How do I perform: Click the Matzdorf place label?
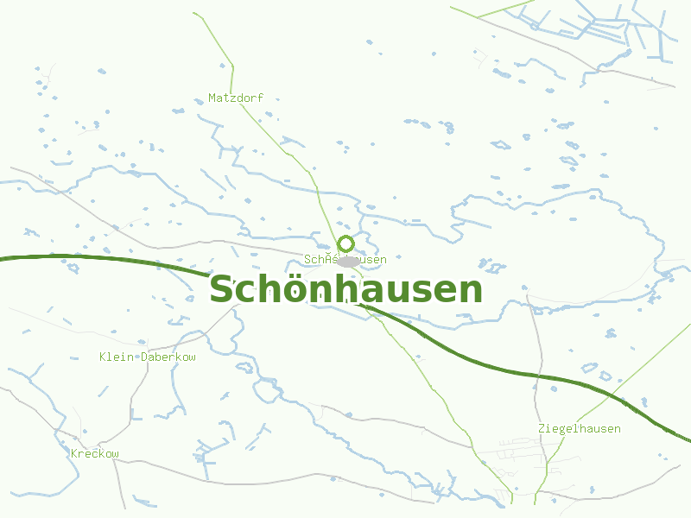(x=236, y=98)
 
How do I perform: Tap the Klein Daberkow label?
(x=148, y=357)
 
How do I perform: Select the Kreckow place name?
(x=95, y=453)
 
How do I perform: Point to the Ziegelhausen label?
(x=579, y=428)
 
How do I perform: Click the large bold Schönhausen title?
(x=345, y=289)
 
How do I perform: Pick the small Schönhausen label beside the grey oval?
(x=345, y=259)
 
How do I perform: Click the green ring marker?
(x=346, y=243)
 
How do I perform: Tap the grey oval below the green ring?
(x=349, y=261)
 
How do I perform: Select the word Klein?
(x=116, y=357)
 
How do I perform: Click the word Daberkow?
(x=168, y=357)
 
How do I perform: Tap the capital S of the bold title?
(x=223, y=289)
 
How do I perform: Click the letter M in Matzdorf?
(x=212, y=98)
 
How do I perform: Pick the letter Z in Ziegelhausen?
(x=542, y=428)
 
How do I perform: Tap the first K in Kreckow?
(x=74, y=453)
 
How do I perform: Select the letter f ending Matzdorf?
(x=260, y=98)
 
